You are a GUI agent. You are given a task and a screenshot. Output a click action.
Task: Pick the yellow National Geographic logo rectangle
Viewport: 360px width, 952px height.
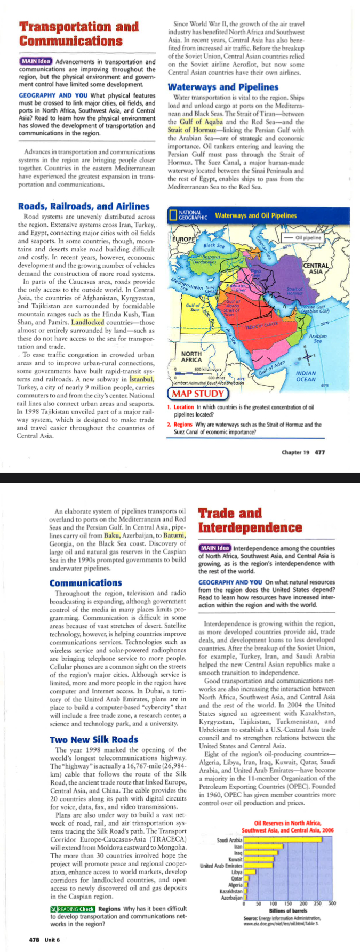[x=173, y=215]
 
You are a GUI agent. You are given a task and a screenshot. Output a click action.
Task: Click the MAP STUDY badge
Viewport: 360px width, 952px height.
[x=197, y=394]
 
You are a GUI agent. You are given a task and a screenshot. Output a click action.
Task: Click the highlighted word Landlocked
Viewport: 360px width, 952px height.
[x=88, y=322]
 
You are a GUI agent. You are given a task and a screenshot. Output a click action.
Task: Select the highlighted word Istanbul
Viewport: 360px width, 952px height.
[x=141, y=379]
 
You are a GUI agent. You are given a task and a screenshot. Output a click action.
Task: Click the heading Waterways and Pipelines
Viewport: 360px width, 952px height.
[x=223, y=87]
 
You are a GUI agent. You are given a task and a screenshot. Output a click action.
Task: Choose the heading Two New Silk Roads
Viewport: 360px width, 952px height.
[x=94, y=739]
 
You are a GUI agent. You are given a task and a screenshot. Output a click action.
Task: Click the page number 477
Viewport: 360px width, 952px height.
[x=319, y=452]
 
